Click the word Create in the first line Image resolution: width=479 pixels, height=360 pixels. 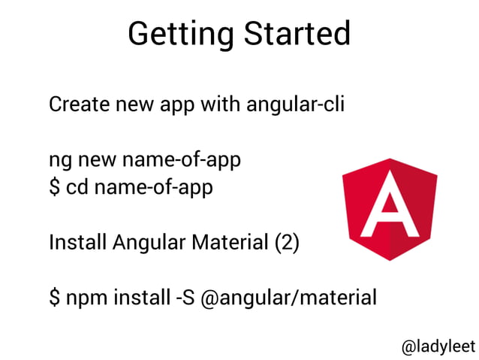(78, 104)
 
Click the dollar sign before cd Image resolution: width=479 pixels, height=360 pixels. (54, 186)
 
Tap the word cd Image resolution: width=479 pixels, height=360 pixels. (77, 186)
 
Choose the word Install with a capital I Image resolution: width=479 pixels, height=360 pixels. (78, 243)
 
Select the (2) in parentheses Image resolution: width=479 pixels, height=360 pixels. (288, 243)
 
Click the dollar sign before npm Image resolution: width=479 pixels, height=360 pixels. (54, 298)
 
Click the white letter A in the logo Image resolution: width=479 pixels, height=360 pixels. (389, 204)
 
